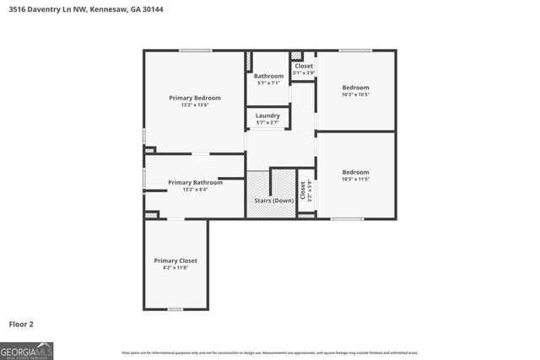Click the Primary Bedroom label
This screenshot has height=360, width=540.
point(194,97)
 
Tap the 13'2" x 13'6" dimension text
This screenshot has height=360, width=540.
point(194,105)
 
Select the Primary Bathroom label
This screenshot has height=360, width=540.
point(195,182)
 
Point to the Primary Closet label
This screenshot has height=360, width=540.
point(175,261)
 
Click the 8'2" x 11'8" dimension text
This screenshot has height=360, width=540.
point(175,268)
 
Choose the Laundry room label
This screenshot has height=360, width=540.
point(267,116)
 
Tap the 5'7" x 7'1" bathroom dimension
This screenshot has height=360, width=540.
point(269,83)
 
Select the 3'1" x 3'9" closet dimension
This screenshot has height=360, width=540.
point(304,73)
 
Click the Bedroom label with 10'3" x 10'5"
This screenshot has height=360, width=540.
point(355,87)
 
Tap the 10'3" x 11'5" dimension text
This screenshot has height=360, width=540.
point(355,179)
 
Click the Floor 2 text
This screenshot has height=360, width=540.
point(21,324)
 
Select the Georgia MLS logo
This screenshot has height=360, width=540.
point(26,350)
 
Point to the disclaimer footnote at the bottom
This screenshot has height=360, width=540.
point(269,352)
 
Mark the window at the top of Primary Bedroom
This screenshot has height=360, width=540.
point(195,51)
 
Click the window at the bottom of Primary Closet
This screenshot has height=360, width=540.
point(175,309)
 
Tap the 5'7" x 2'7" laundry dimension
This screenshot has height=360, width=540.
point(267,123)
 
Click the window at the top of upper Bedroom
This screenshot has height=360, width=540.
point(355,51)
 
